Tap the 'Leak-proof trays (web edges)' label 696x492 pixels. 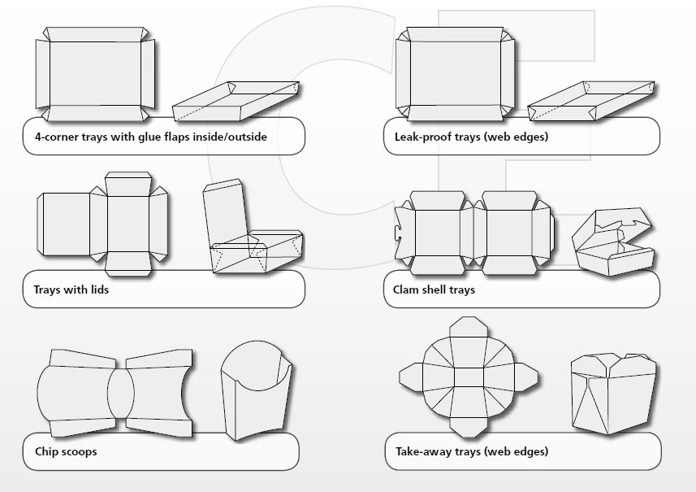tap(465, 137)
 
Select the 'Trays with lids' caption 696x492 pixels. tap(71, 290)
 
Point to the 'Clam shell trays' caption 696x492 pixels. tap(428, 290)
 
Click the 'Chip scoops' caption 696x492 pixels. tap(66, 451)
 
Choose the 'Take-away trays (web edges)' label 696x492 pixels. tap(471, 451)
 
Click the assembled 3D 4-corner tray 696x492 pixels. tap(236, 102)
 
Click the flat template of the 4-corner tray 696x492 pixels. tap(93, 73)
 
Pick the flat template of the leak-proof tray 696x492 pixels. tap(455, 73)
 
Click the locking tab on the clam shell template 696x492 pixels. tap(399, 232)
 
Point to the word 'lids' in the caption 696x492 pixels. tap(97, 290)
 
